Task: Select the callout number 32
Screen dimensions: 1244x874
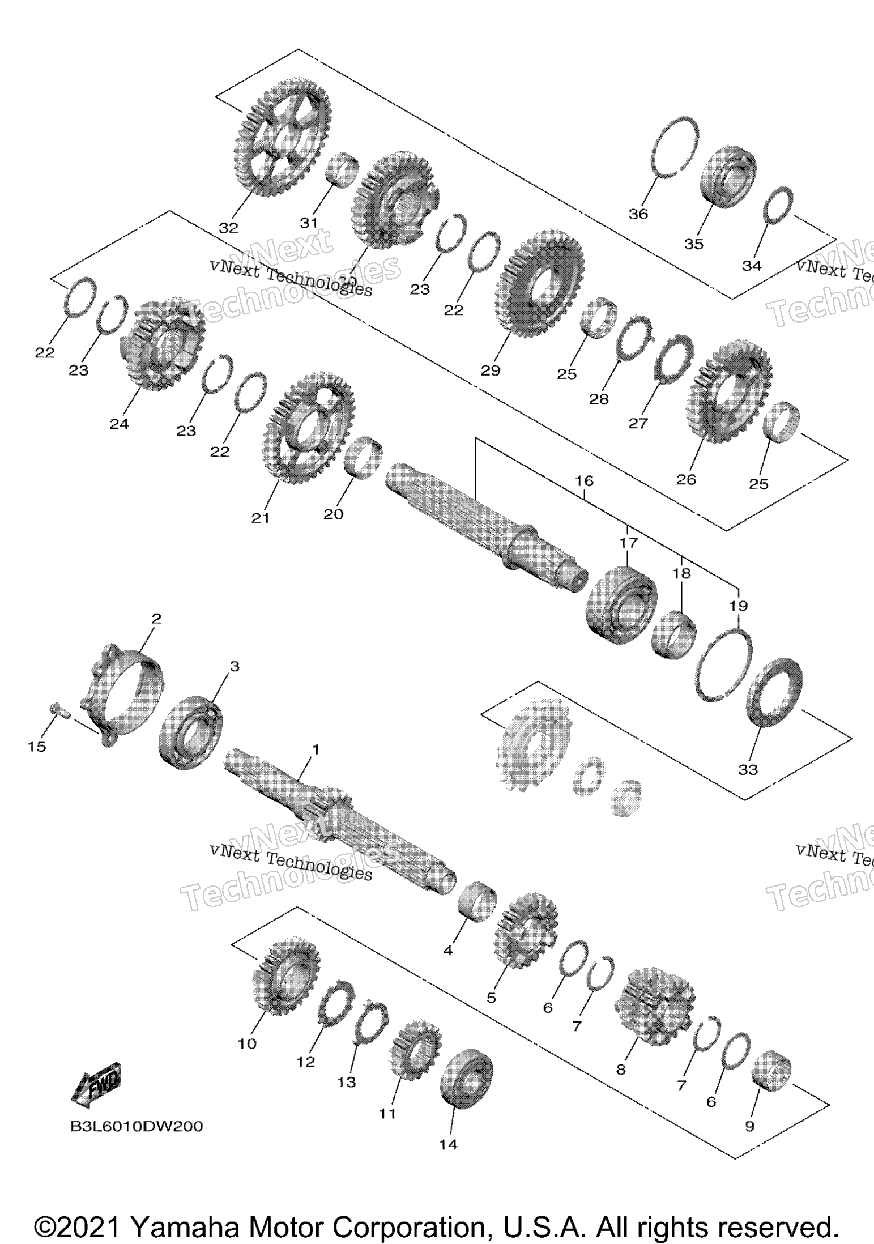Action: coord(229,228)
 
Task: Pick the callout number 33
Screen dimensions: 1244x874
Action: coord(748,769)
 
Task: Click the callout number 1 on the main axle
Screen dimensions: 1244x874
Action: coord(316,749)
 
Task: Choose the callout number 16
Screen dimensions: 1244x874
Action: coord(585,481)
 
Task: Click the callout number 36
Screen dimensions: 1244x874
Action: coord(638,214)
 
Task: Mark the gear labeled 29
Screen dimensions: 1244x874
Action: coord(539,284)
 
